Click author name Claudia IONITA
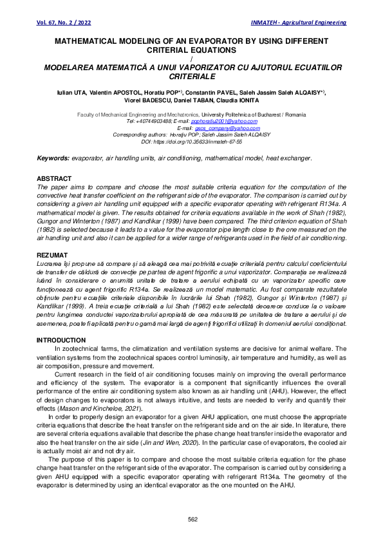[x=239, y=100]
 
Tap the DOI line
[x=191, y=142]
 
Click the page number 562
[x=192, y=519]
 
